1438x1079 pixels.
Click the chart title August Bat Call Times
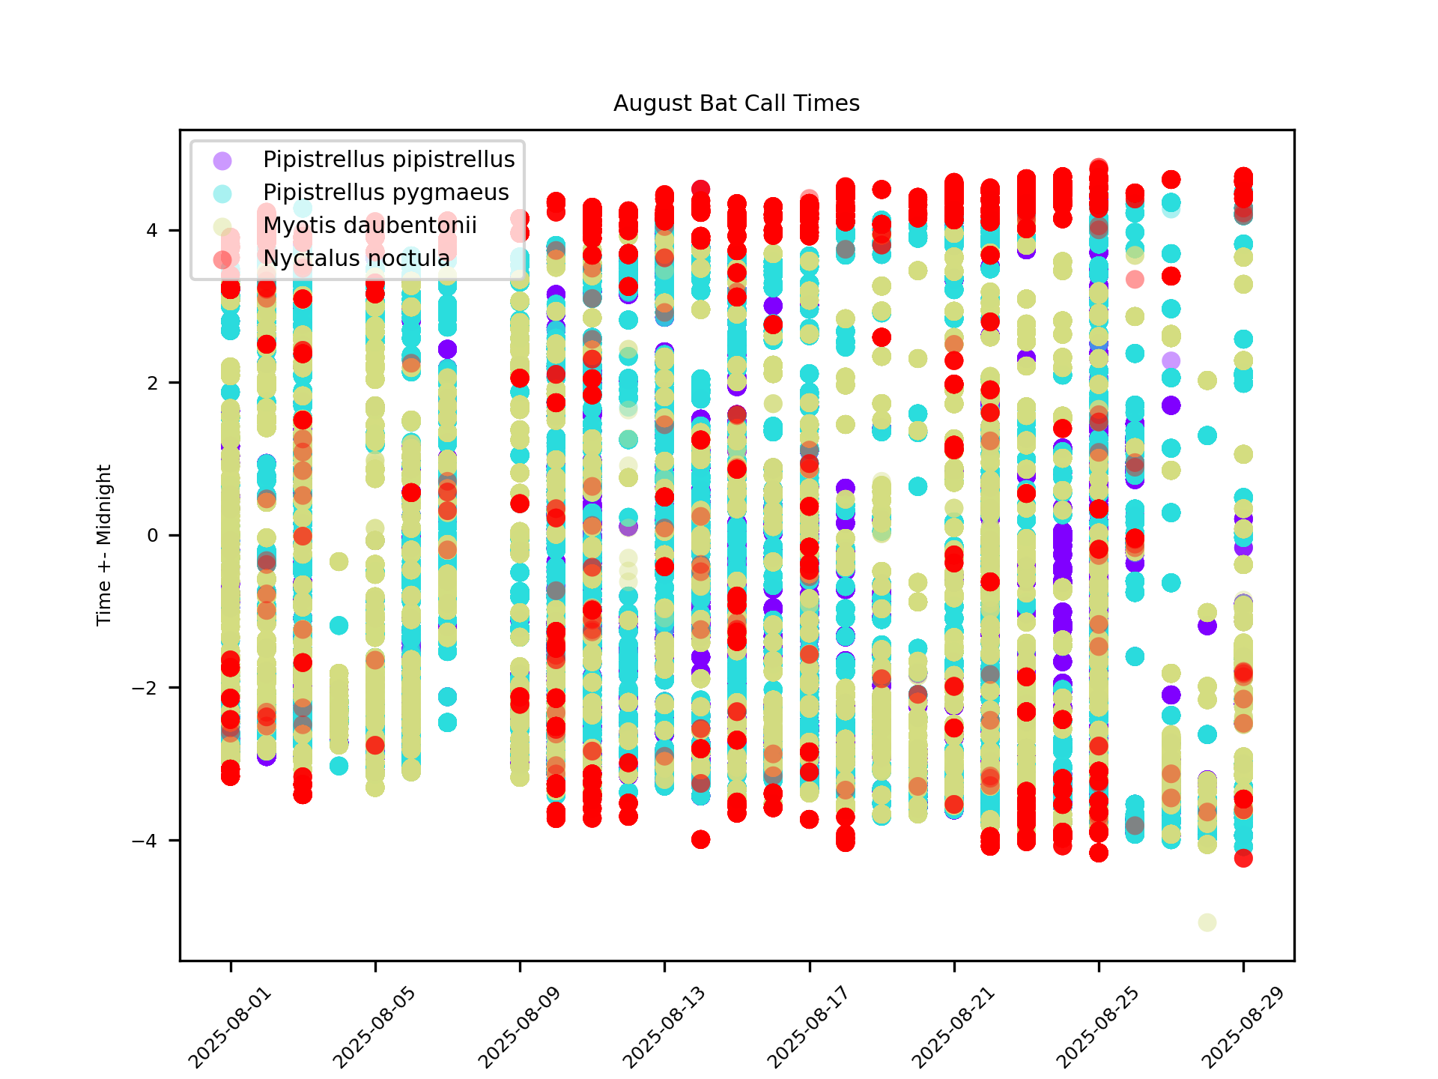pos(736,103)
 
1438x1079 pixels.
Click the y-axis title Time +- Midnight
pos(104,545)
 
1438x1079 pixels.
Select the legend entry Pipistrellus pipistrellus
pos(389,160)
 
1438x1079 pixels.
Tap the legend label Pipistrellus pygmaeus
pos(386,193)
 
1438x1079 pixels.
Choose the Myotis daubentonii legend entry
pos(370,226)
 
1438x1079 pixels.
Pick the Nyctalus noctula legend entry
pos(357,259)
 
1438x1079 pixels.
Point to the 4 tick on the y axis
pos(152,230)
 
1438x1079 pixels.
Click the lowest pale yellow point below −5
pos(1207,922)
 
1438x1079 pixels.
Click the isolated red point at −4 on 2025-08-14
pos(700,839)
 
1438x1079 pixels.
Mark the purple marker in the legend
pos(222,160)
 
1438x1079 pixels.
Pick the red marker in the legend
pos(222,259)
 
